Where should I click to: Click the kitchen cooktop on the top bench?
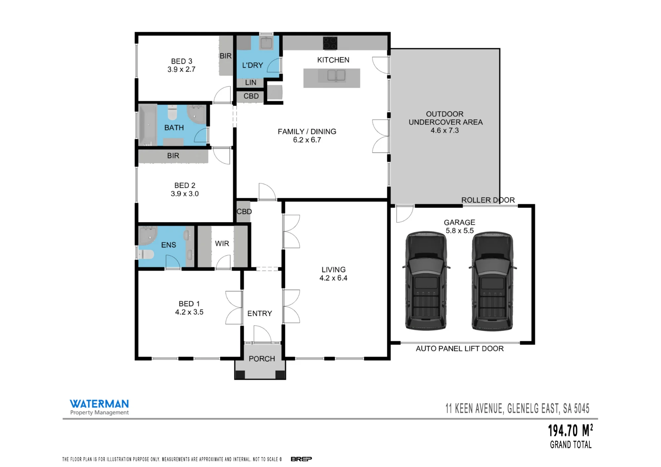330,43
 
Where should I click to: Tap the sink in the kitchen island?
336,76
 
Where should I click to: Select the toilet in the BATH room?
173,113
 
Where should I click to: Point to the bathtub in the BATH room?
148,125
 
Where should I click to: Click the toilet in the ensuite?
146,254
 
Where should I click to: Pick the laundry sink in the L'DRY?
266,43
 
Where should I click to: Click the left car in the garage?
426,281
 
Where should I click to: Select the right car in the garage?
492,281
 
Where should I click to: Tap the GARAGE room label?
459,222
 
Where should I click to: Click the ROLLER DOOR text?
488,200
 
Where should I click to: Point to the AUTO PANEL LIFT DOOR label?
460,348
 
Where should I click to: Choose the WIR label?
222,243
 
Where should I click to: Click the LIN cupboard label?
251,83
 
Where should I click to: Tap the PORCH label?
262,359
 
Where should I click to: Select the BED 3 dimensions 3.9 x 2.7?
181,69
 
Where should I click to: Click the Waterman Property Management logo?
99,407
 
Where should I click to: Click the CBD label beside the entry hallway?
244,211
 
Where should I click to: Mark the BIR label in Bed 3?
225,56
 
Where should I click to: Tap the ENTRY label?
259,313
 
